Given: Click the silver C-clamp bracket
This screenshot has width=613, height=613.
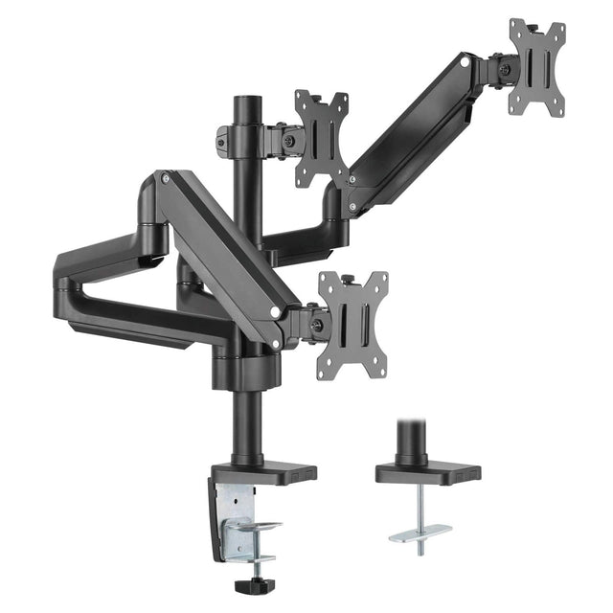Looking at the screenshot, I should pyautogui.click(x=235, y=517).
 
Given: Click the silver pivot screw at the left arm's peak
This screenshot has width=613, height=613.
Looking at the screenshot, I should pyautogui.click(x=167, y=179).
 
